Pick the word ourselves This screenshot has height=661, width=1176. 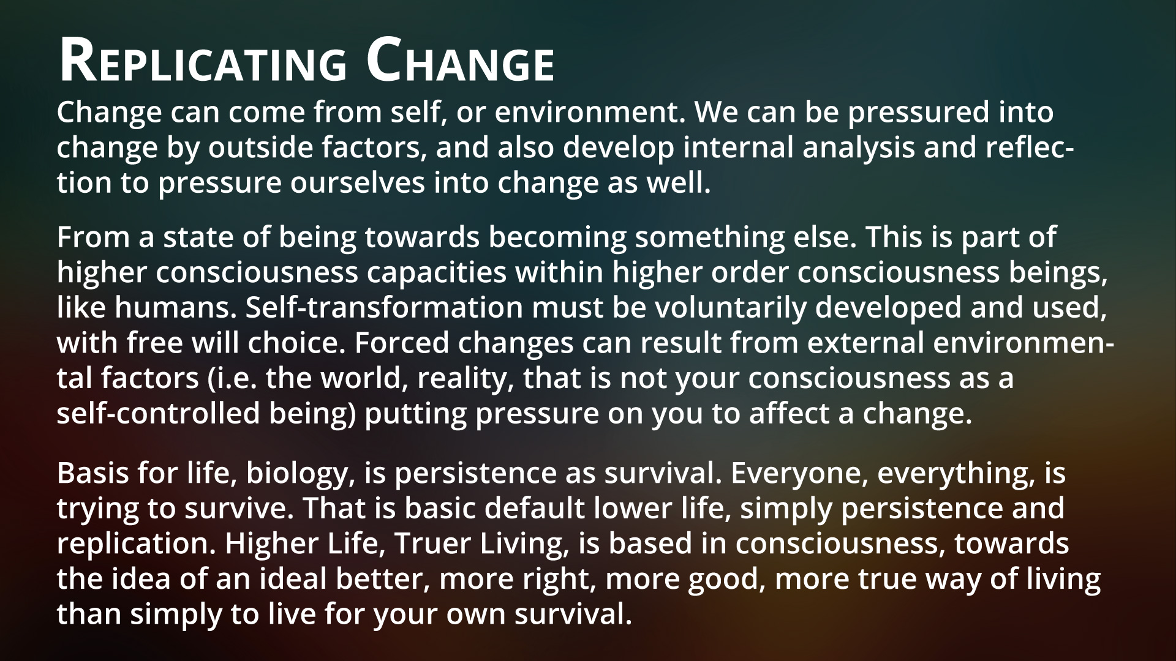tap(356, 184)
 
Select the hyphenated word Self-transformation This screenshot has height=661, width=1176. tap(385, 308)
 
